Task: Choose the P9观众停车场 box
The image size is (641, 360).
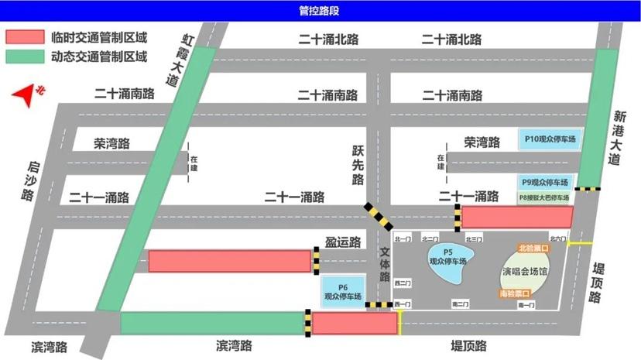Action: pyautogui.click(x=545, y=183)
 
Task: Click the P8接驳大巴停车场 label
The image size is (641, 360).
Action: pyautogui.click(x=545, y=197)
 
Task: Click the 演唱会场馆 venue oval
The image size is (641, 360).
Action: pyautogui.click(x=523, y=273)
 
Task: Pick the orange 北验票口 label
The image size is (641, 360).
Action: pyautogui.click(x=533, y=249)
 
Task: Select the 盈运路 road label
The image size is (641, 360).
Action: pyautogui.click(x=344, y=242)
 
